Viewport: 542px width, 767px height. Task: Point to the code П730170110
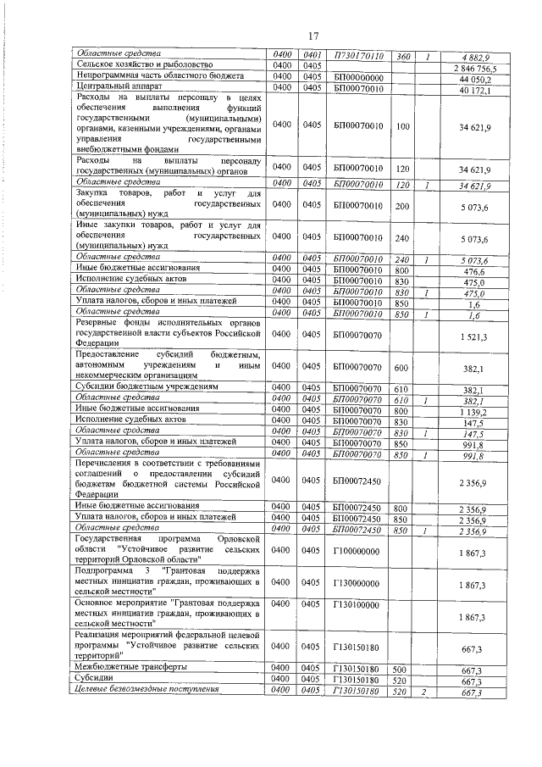360,56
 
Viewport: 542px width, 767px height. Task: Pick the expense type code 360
403,56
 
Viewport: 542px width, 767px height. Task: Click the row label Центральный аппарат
114,86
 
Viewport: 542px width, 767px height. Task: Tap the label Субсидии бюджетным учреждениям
147,386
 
